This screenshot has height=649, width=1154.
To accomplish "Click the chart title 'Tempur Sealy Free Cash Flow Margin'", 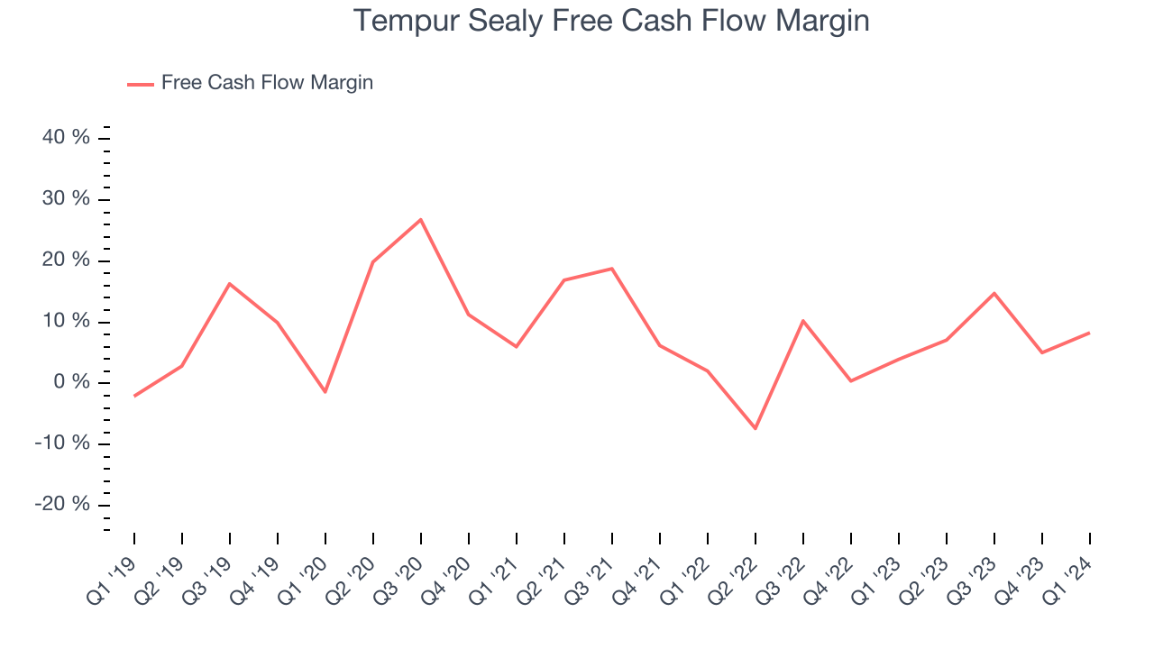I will coord(611,21).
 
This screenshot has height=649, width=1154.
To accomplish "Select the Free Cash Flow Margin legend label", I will coord(267,83).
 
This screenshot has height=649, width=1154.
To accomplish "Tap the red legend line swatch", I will coord(141,84).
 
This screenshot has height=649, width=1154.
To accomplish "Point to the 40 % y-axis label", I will coord(67,138).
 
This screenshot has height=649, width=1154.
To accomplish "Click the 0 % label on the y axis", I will coord(72,382).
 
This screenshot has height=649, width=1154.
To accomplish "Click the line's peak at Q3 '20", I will coord(421,219).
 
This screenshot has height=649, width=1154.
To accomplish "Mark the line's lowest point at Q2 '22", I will coord(755,428).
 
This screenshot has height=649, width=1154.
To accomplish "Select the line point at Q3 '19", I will coord(230,284).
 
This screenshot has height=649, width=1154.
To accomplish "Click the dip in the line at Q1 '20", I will coord(325,392).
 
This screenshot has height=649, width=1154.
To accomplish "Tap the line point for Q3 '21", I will coord(611,269).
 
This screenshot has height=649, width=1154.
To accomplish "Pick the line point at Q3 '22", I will coord(802,321).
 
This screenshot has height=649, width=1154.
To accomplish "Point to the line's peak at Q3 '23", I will coord(994,293).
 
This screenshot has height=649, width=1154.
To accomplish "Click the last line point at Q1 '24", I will coord(1089,333).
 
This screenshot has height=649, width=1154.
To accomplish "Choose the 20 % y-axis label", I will coord(67,260).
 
